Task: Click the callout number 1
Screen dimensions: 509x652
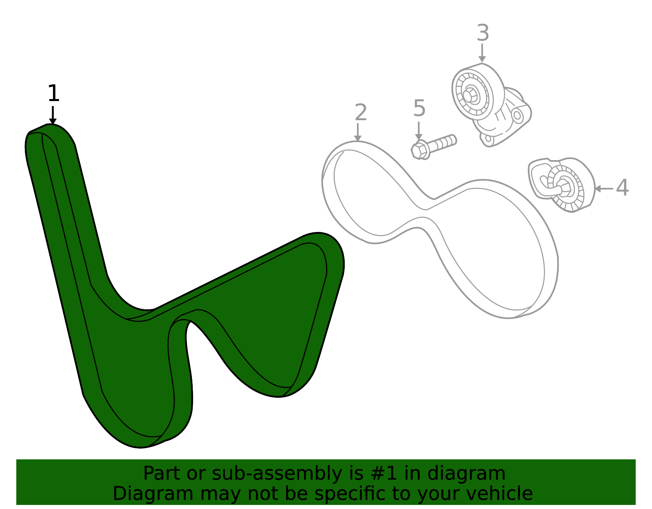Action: pos(53,94)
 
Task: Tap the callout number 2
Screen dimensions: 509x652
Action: pos(361,112)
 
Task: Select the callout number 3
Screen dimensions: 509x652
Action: pos(482,33)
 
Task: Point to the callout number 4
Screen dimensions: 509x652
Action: pos(622,188)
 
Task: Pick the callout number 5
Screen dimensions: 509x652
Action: pos(419,109)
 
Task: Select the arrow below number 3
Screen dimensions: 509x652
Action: pos(482,53)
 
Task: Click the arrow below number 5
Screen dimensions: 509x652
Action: pos(419,131)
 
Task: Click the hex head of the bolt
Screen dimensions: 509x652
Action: pos(420,150)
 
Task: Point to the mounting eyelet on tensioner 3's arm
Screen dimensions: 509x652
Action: pos(517,115)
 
